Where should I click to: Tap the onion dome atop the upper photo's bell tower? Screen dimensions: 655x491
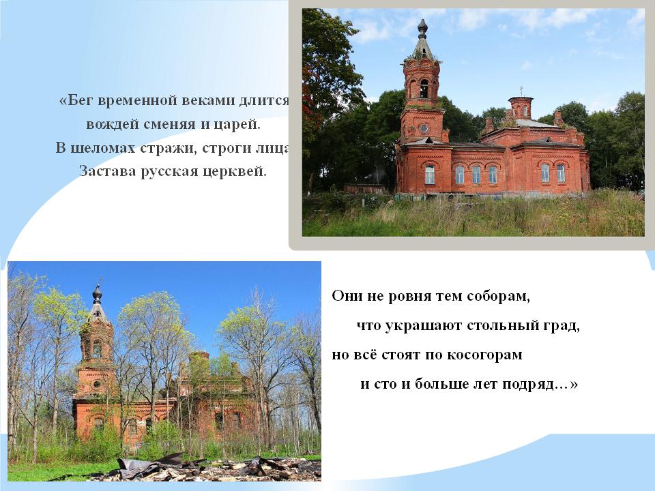click(423, 29)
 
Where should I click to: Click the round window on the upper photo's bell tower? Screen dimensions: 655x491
click(424, 129)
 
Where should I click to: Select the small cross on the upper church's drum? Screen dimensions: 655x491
click(521, 91)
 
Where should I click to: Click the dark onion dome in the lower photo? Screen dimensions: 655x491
click(98, 295)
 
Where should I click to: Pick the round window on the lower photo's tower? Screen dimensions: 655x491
click(97, 384)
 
